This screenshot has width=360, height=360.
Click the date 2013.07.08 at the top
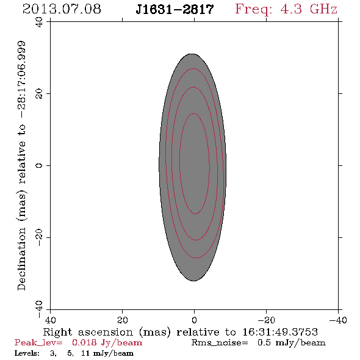(x=62, y=9)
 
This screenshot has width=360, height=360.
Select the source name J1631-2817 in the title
(x=175, y=9)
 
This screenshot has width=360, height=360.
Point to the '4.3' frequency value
(x=291, y=9)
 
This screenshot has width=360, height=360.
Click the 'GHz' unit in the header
(x=324, y=9)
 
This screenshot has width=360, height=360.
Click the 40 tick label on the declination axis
(x=39, y=22)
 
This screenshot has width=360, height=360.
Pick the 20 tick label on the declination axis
(x=39, y=94)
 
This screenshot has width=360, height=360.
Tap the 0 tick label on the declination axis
(x=39, y=165)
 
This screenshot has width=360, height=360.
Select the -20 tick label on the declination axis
(x=39, y=237)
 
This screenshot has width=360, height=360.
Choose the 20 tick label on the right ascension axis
(x=123, y=320)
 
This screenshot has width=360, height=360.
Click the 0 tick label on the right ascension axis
(x=195, y=320)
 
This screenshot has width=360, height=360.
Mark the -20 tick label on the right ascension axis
(x=266, y=320)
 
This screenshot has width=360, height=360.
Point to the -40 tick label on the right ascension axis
(x=338, y=320)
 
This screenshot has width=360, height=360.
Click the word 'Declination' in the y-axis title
(x=21, y=259)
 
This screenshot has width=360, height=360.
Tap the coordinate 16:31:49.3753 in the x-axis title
(x=280, y=332)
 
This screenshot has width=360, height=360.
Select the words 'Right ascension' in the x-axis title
(x=88, y=333)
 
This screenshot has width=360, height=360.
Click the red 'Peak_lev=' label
(x=38, y=343)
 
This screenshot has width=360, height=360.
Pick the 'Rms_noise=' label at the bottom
(x=220, y=343)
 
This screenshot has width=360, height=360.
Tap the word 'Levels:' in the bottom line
(x=27, y=353)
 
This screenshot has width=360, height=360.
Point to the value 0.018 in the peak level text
(x=84, y=342)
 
